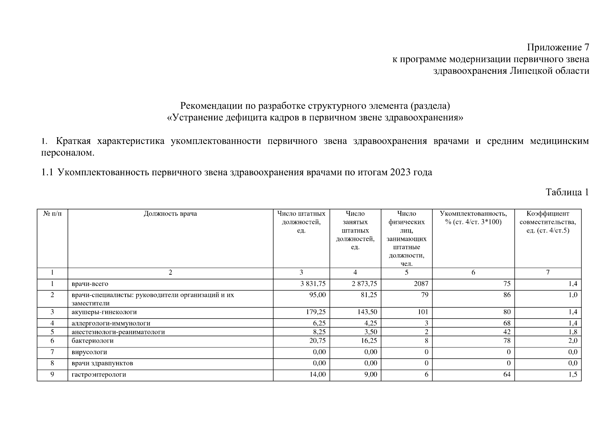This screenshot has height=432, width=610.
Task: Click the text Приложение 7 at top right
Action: click(558, 48)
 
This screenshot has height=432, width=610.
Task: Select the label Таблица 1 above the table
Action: click(567, 192)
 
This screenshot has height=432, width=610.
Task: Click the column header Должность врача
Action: click(170, 214)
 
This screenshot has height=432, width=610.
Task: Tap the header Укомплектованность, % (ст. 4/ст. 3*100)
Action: click(473, 218)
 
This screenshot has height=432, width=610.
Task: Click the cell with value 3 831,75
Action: click(313, 284)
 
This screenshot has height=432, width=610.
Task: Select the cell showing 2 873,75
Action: click(364, 284)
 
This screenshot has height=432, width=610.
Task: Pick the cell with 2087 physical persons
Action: click(421, 284)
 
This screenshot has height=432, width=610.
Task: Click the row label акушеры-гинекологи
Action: click(104, 312)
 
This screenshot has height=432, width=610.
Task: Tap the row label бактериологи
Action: click(92, 341)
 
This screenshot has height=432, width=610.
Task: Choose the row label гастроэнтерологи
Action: click(99, 375)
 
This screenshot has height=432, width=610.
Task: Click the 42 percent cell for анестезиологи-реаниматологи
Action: click(506, 332)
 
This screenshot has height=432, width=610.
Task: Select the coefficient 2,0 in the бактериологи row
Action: click(573, 341)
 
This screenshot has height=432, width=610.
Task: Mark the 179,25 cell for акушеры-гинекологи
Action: click(316, 312)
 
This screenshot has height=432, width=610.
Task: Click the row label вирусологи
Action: click(89, 352)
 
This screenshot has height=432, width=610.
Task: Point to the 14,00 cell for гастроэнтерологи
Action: click(318, 375)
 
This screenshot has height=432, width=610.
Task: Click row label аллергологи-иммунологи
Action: click(111, 323)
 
